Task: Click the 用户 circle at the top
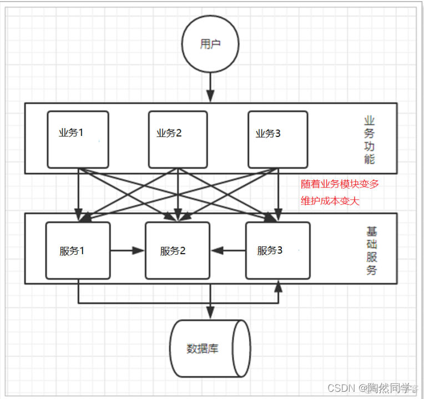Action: [210, 44]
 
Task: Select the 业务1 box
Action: [78, 139]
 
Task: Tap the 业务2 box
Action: [178, 139]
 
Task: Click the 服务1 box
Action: [78, 250]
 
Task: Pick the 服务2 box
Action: [178, 250]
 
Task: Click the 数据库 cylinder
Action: [210, 349]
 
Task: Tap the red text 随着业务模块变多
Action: [340, 184]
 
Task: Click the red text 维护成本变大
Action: [330, 201]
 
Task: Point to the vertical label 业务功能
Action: [370, 140]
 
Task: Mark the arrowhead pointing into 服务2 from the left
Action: [139, 251]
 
